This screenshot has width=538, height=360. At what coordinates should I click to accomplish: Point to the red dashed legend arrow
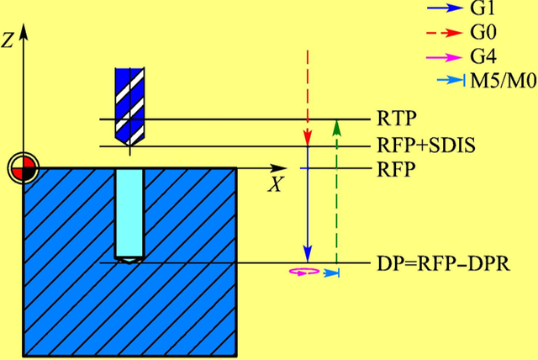[446, 35]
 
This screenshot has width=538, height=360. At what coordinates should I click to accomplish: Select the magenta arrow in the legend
[446, 58]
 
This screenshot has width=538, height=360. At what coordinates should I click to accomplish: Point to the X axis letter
[274, 184]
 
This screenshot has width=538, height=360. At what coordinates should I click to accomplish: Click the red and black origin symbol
[24, 168]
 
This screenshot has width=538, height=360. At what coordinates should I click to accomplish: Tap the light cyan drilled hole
[129, 214]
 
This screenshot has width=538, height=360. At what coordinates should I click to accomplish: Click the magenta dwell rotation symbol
[303, 272]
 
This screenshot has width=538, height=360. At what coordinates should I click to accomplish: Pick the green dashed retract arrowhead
[336, 126]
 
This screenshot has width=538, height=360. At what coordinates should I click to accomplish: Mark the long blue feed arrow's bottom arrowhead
[307, 254]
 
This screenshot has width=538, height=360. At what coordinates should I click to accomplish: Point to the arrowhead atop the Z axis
[24, 32]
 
